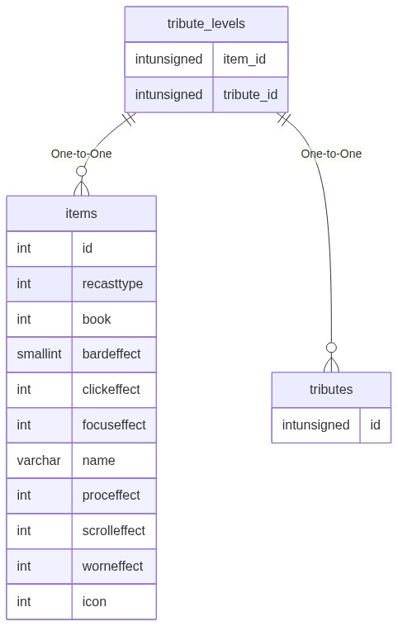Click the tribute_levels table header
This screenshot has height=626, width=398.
(206, 24)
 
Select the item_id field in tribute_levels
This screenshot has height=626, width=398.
(244, 59)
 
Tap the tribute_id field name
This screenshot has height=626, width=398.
(250, 95)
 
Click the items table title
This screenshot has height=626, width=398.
(81, 213)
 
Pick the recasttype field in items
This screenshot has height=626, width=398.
(112, 284)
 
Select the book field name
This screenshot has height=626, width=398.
(97, 319)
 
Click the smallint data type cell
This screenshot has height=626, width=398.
(39, 353)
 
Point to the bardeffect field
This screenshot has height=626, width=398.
(111, 353)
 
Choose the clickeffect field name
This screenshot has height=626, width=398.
(111, 389)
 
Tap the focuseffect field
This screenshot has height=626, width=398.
(114, 424)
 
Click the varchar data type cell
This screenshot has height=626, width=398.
(39, 460)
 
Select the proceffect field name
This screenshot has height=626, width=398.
(111, 496)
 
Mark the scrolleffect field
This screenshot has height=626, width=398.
(114, 530)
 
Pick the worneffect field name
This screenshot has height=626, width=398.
(112, 566)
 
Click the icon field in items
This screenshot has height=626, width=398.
(94, 602)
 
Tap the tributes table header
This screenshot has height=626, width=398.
(331, 389)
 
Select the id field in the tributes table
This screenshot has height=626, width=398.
(375, 424)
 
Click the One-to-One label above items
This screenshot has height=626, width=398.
(81, 154)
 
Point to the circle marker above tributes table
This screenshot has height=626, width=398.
(331, 348)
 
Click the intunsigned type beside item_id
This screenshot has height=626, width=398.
(168, 59)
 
